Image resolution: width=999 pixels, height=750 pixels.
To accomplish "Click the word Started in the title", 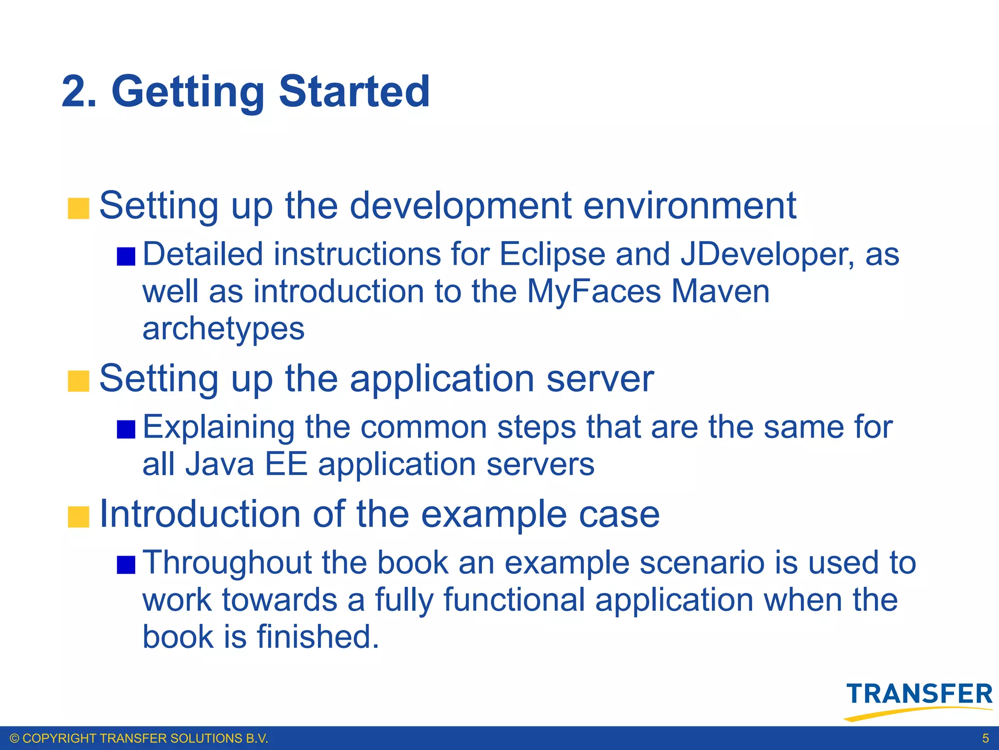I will pos(354,92).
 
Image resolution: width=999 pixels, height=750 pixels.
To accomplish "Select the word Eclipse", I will pos(552,255).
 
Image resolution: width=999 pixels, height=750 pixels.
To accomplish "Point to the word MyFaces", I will pos(594,292).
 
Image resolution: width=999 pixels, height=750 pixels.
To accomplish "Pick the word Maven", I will pos(720,292).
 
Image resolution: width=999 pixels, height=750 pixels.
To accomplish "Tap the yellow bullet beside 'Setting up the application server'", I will pos(79,381).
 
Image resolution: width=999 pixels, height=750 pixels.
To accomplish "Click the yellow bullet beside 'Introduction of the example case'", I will pos(79,517).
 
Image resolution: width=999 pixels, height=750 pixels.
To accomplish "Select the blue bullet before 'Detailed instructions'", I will pos(126,257).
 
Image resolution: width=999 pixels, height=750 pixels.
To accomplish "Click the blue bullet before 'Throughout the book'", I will pos(126,565).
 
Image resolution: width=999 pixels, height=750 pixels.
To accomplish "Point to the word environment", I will pos(689,206).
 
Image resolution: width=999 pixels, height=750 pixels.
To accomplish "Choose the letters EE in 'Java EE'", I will pos(286,464).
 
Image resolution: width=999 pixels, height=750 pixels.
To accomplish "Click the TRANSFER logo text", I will pos(919,694).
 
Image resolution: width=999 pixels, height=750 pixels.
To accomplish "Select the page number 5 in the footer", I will pos(985,738).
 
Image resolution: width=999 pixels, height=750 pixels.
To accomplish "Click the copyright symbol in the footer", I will pos(15,738).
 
